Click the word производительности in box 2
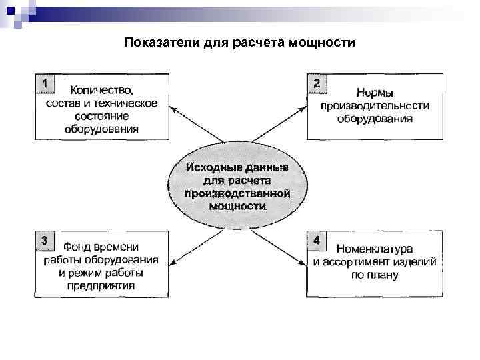pos(374,105)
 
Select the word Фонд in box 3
pos(78,247)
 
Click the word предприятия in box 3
pos(101,285)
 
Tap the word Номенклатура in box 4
pos(374,249)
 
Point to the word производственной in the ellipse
pos(237,193)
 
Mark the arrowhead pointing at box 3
pos(172,263)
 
